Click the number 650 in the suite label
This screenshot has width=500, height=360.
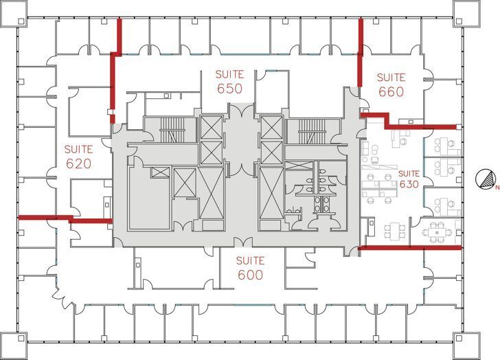coord(229,89)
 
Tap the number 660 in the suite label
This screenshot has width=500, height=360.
coord(391,92)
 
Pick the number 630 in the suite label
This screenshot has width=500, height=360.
coord(409,184)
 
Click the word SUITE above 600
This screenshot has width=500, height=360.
coord(250,260)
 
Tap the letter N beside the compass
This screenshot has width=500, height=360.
coord(497,185)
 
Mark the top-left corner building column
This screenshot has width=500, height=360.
coord(14,14)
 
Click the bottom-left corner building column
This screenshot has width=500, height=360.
coord(14,345)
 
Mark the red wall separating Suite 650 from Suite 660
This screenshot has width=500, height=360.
coord(359,55)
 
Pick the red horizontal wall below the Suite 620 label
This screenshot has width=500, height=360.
coord(65,219)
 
